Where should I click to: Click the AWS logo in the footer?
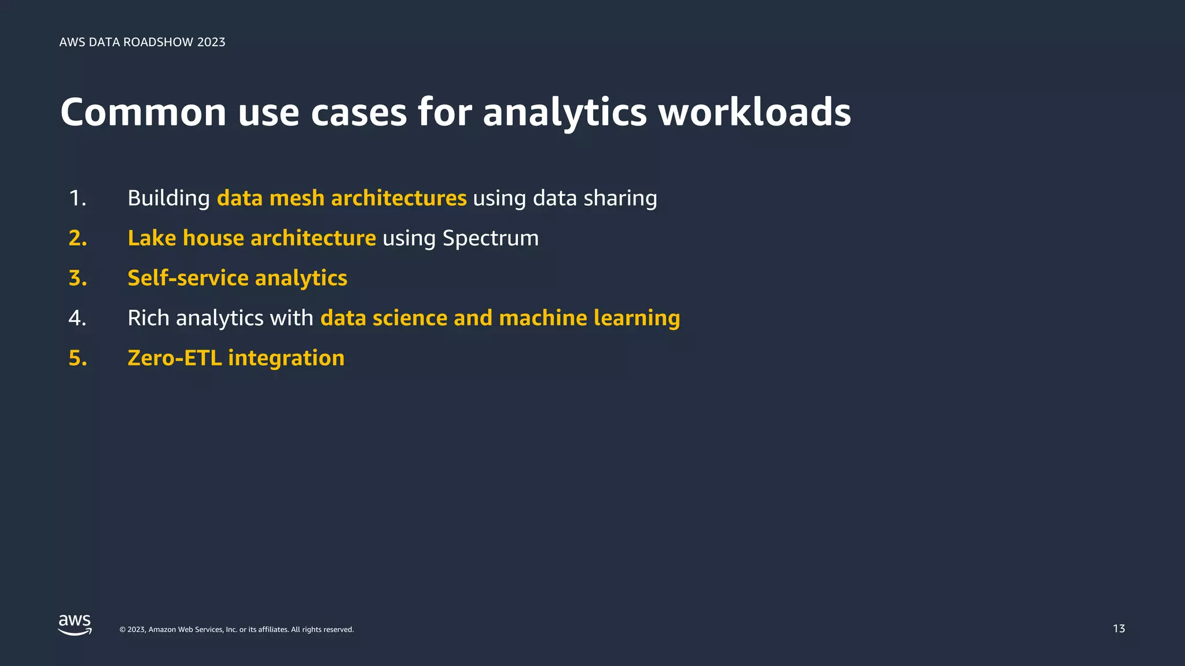point(75,625)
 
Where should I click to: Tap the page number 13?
point(1118,628)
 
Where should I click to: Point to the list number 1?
point(77,198)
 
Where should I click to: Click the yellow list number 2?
point(78,238)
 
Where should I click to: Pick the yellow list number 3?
point(78,278)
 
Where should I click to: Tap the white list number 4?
point(77,318)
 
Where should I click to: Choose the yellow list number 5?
point(78,358)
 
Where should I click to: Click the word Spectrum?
point(490,238)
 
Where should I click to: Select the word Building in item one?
point(168,198)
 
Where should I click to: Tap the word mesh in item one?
point(297,198)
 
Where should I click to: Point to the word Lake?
point(152,238)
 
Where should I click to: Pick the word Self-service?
point(188,278)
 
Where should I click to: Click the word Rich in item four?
point(148,318)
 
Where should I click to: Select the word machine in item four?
point(543,318)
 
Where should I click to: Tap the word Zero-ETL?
point(175,358)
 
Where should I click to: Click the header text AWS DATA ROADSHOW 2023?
point(142,42)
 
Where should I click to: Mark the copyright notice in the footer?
point(236,630)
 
